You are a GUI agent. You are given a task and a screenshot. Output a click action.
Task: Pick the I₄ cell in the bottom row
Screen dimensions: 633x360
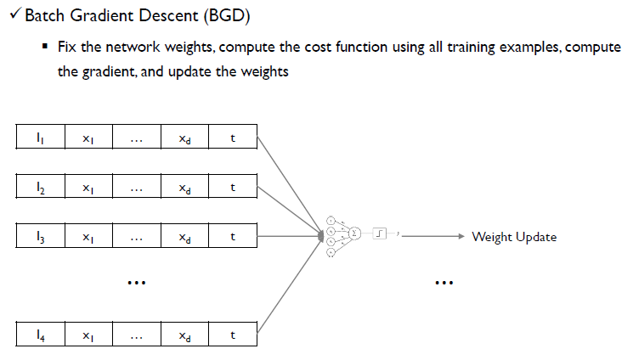[x=41, y=335]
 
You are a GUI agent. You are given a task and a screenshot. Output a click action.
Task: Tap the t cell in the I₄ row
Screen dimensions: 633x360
[x=233, y=335]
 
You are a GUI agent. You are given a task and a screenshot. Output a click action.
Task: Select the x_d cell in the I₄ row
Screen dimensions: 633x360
[x=184, y=335]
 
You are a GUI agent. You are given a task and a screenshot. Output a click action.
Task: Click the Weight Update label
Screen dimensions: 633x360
[x=514, y=236]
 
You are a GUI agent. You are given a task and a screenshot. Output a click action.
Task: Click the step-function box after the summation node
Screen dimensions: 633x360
[x=380, y=231]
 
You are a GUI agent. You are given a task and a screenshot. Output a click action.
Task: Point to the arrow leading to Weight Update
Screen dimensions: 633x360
[x=433, y=236]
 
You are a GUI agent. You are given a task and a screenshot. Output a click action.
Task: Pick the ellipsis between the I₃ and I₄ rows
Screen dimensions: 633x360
[x=136, y=281]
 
